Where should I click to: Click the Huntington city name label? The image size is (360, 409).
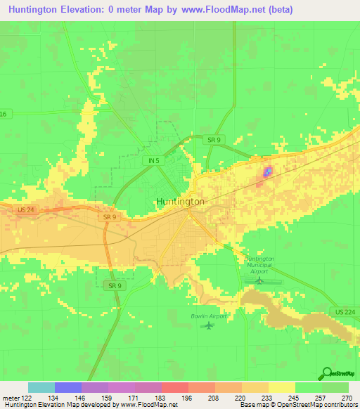(179, 201)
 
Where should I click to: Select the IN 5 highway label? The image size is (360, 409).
(155, 161)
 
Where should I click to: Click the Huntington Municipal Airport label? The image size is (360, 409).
(259, 264)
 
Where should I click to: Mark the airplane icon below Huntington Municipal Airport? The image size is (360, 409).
(259, 280)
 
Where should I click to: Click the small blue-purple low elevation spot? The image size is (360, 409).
(267, 172)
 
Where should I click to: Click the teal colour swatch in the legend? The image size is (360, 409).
(41, 387)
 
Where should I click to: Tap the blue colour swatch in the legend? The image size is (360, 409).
(68, 387)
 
